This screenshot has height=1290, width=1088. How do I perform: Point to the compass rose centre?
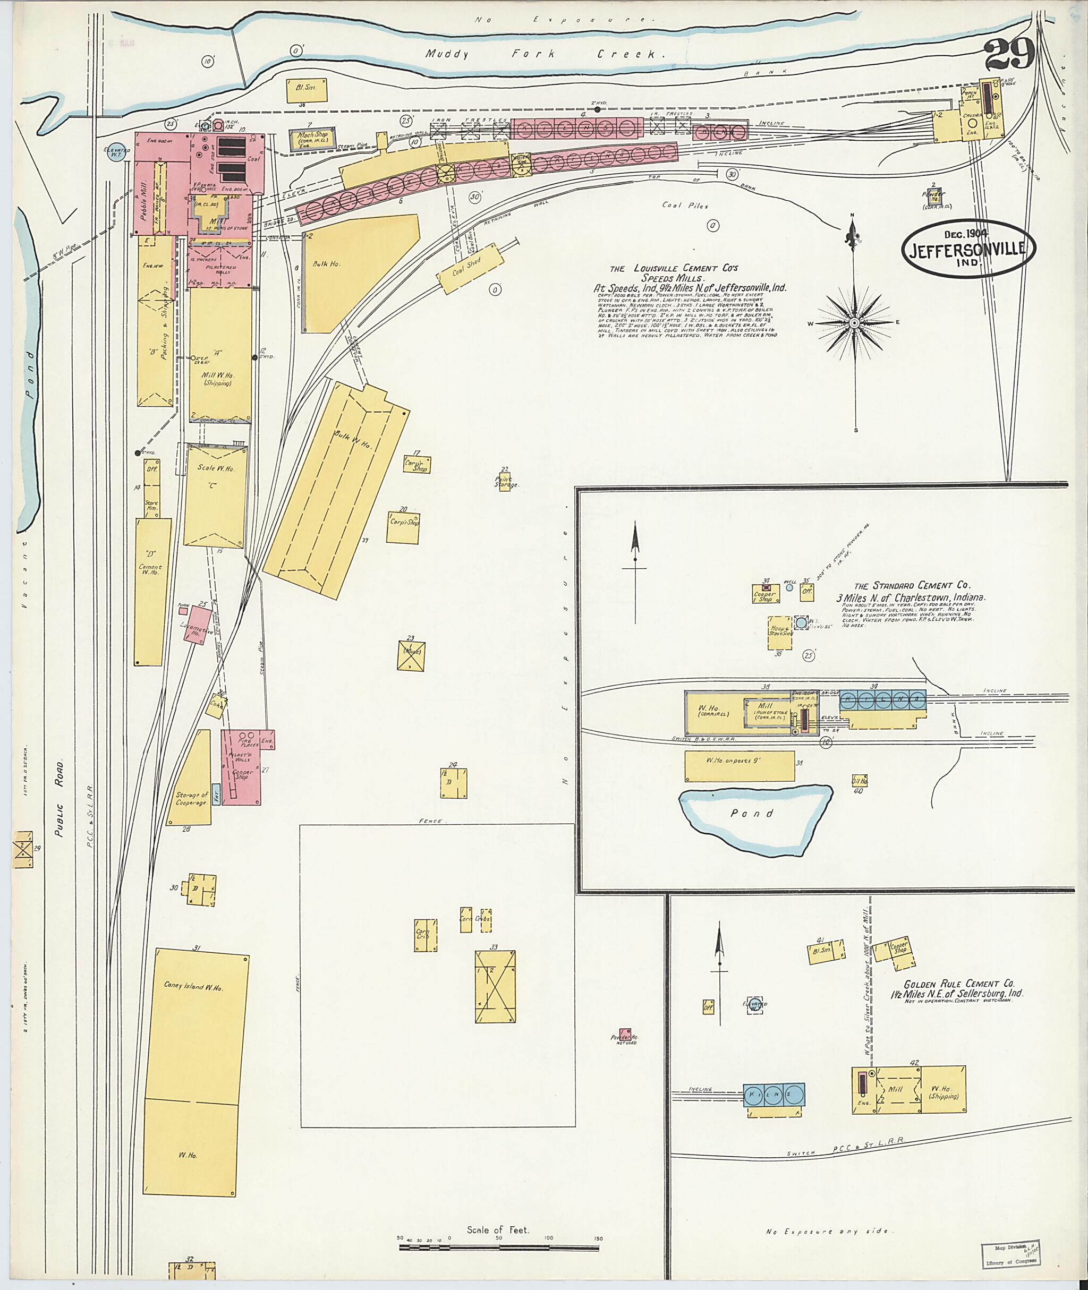[x=855, y=323]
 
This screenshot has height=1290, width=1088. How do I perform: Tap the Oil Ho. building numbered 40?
[x=860, y=780]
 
